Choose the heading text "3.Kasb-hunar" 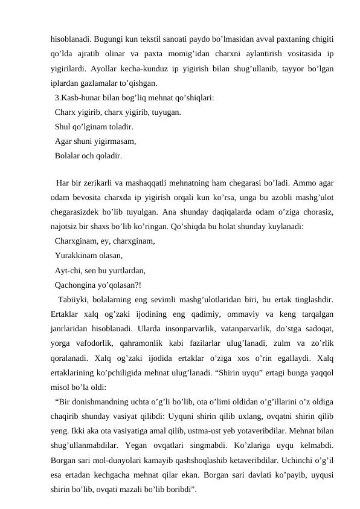point(77,97)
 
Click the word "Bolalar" point(68,156)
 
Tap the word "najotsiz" point(67,227)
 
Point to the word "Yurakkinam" point(76,256)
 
